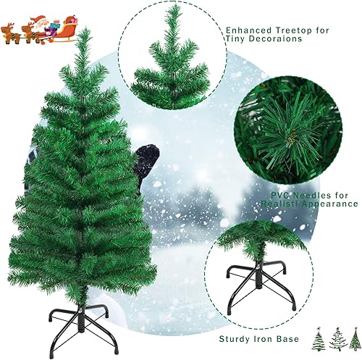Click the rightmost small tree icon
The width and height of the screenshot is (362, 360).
[353, 338]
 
